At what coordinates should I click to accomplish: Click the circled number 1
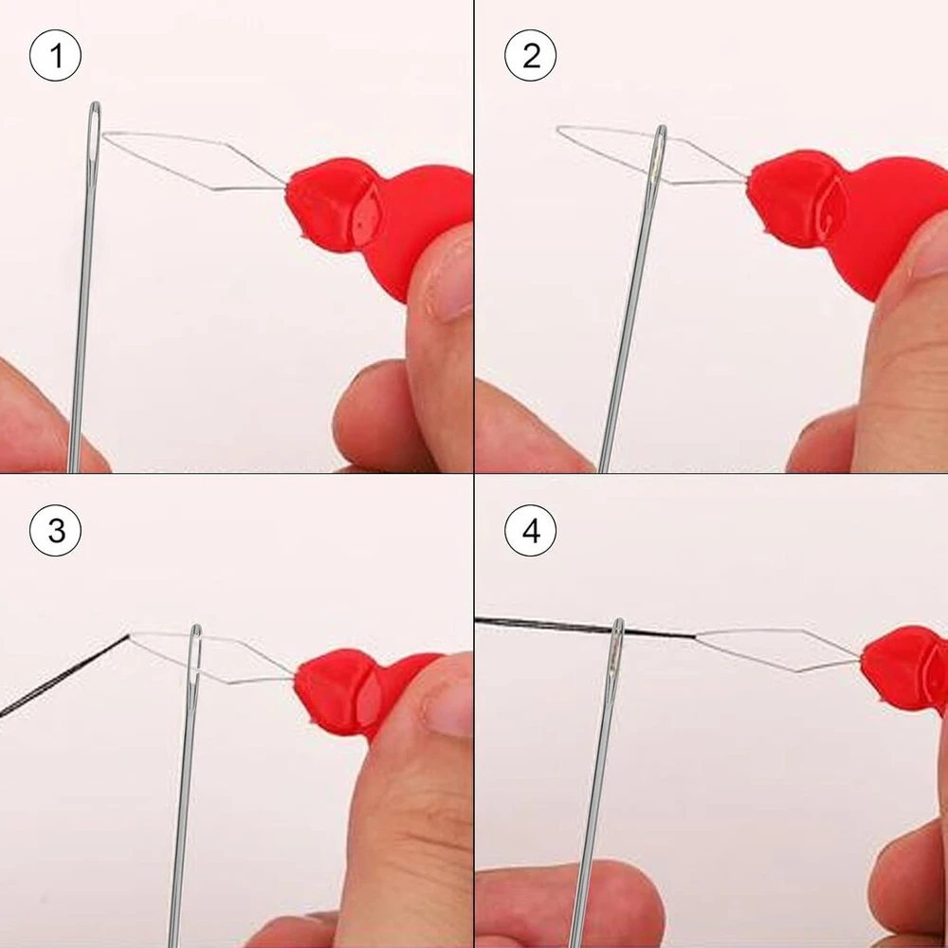55,56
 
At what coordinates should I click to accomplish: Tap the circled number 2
530,56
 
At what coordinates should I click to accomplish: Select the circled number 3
55,531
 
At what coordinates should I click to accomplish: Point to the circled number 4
530,531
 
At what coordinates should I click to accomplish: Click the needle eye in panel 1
94,135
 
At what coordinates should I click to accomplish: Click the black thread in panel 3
64,675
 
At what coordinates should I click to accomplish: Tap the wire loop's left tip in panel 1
104,136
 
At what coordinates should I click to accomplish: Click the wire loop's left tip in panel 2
558,129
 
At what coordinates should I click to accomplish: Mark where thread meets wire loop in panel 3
129,635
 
